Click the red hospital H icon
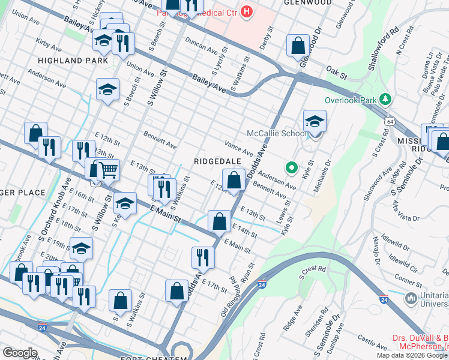pos(246,11)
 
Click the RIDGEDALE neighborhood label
pos(217,162)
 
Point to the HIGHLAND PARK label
pos(73,61)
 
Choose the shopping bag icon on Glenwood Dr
pos(298,45)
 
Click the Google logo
pos(20,353)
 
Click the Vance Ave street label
pos(239,147)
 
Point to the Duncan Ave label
pos(201,46)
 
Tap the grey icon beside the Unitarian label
pos(411,298)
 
